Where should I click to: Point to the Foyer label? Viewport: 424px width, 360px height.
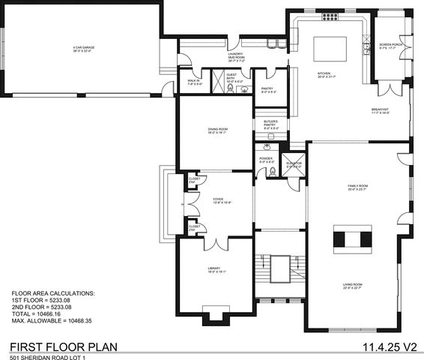201,200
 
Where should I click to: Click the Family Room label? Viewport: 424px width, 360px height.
357,187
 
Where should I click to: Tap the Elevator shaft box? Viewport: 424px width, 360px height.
295,169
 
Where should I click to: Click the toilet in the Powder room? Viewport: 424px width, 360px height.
273,172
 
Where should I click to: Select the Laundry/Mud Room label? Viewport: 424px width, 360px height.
238,57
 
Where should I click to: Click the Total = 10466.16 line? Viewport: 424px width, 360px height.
37,313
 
